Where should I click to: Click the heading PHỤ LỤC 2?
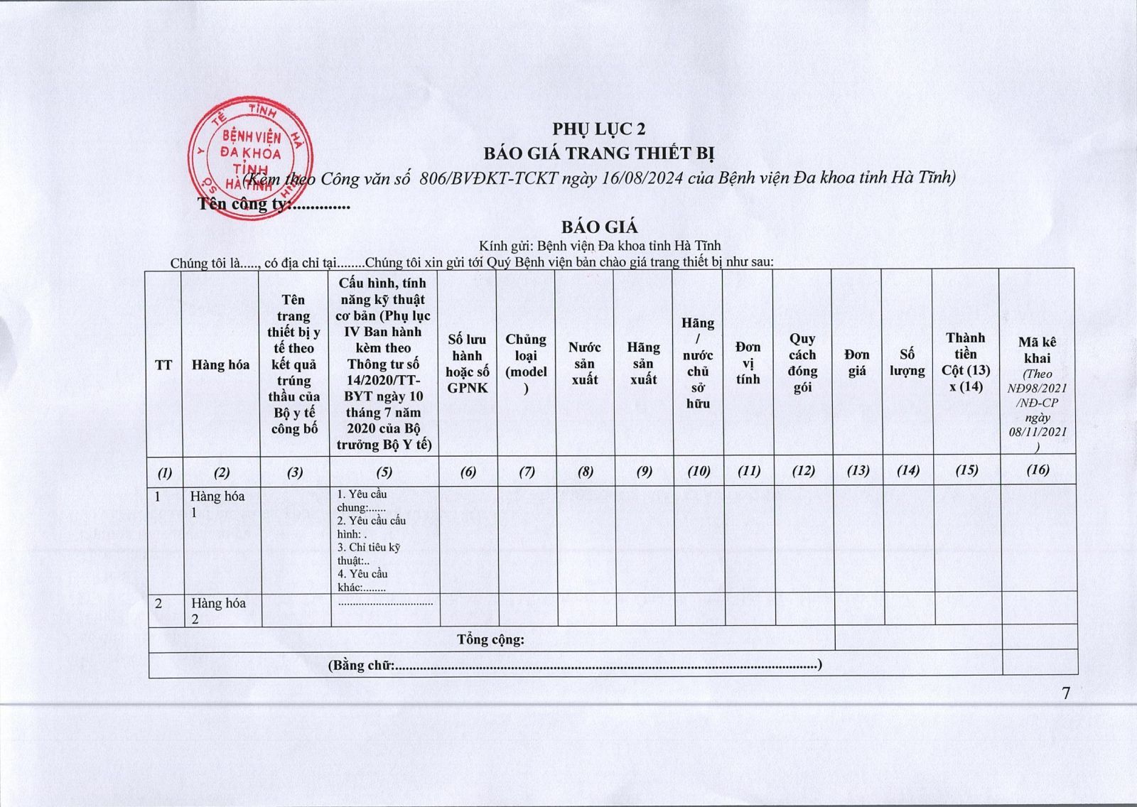point(599,129)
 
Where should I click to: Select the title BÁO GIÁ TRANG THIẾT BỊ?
point(599,153)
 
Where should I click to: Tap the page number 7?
point(1066,694)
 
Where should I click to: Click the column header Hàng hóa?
point(220,365)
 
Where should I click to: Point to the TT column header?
point(163,365)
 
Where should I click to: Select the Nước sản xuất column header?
point(584,363)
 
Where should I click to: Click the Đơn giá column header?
point(857,362)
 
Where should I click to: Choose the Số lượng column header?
point(907,362)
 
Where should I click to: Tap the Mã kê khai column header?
point(1038,351)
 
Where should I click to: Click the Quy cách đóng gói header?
point(802,363)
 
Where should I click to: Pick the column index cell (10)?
point(699,470)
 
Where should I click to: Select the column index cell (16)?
point(1038,470)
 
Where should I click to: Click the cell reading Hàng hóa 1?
point(217,504)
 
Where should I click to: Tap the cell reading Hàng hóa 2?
point(217,610)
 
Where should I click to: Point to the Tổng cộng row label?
point(490,639)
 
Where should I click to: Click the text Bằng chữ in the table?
point(362,665)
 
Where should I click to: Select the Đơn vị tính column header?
point(748,363)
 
